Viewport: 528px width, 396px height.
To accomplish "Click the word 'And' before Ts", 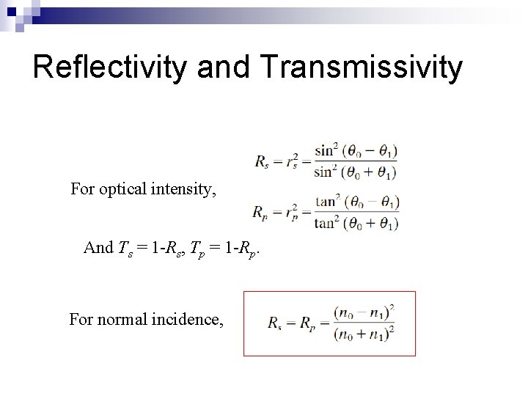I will click(98, 247).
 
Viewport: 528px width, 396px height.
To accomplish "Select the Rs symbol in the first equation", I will click(261, 161).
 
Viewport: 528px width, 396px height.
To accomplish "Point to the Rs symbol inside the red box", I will click(272, 323).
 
